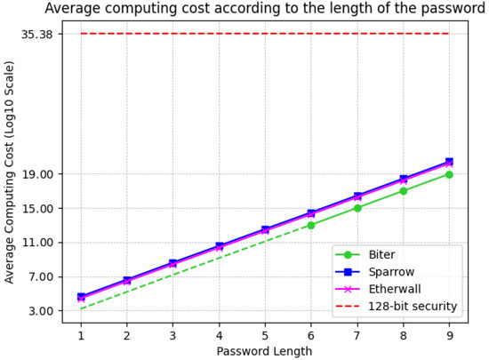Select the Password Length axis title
click(x=264, y=351)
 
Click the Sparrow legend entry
click(x=387, y=271)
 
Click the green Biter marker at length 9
click(x=449, y=174)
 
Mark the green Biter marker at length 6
click(x=310, y=225)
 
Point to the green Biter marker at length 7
click(x=357, y=208)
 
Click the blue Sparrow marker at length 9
click(x=449, y=162)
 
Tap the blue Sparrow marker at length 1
click(x=81, y=296)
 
